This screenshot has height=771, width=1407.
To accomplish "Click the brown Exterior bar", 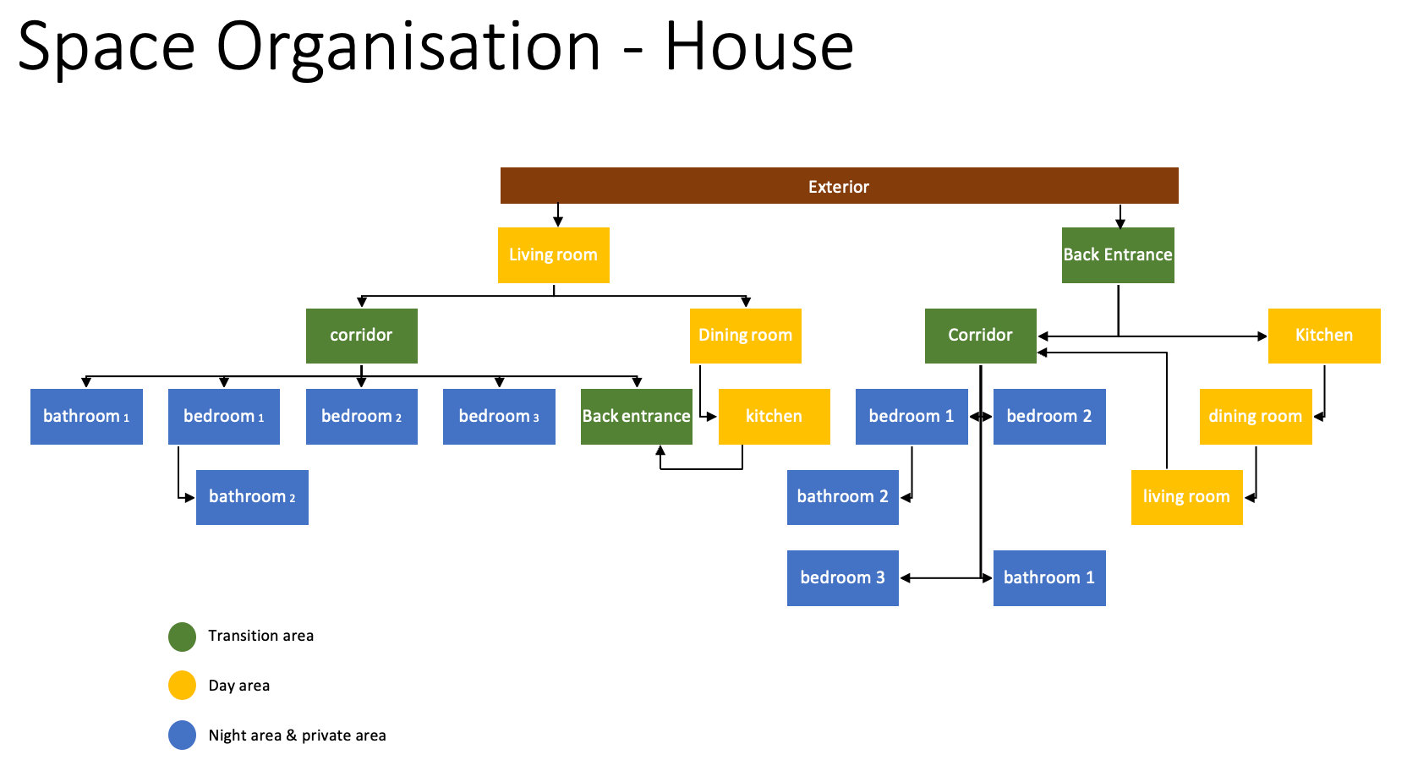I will (839, 186).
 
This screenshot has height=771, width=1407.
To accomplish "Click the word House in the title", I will (758, 46).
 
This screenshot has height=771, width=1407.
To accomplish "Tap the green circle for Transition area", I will (182, 637).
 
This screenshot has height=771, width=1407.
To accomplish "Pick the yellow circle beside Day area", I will (182, 686).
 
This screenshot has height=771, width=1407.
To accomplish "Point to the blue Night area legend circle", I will (182, 735).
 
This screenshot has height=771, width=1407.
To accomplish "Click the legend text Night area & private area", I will (297, 735).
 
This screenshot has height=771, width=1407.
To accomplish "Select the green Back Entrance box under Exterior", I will (1118, 254).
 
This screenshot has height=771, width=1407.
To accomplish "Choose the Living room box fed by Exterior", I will (553, 254).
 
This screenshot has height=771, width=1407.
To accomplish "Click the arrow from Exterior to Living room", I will (558, 216).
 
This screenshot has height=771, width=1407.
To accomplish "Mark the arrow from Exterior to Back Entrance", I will (1120, 216).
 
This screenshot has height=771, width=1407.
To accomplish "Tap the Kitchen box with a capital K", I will (1324, 336).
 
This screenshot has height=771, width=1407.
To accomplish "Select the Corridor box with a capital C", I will (980, 336).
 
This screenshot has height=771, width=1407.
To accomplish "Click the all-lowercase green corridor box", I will (361, 336).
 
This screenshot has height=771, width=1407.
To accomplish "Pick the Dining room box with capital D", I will (745, 336).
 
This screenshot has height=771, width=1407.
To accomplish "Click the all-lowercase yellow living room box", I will (1186, 497).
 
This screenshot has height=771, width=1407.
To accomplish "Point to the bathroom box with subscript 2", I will (252, 497).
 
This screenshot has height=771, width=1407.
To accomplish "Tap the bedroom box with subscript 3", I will (499, 417).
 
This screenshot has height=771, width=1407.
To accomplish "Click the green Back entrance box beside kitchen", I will (636, 417).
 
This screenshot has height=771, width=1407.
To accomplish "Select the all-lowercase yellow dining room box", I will (1255, 417).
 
